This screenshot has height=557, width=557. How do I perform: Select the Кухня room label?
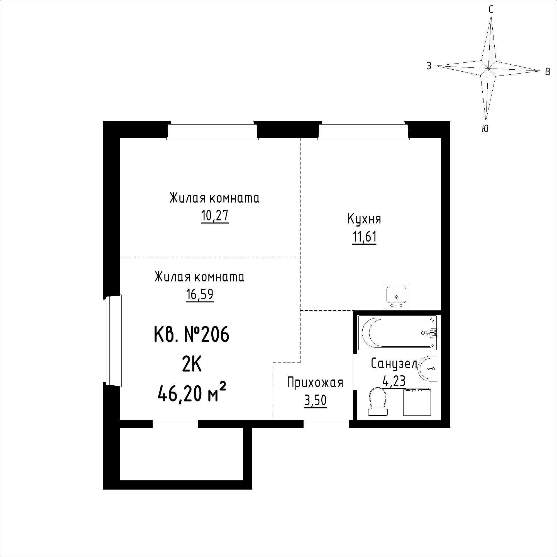tap(364, 219)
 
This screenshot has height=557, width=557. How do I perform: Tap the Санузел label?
tap(394, 364)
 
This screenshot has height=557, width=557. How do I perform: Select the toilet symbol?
tap(378, 402)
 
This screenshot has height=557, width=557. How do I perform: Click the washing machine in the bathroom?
tap(417, 402)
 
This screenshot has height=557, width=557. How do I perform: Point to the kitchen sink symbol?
tap(396, 296)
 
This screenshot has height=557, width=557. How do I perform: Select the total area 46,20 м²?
tap(192, 394)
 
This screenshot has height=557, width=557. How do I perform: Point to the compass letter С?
tap(491, 10)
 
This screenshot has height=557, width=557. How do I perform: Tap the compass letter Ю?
tap(485, 129)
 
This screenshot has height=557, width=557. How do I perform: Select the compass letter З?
tap(429, 66)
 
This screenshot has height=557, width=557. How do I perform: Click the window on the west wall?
tap(114, 340)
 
